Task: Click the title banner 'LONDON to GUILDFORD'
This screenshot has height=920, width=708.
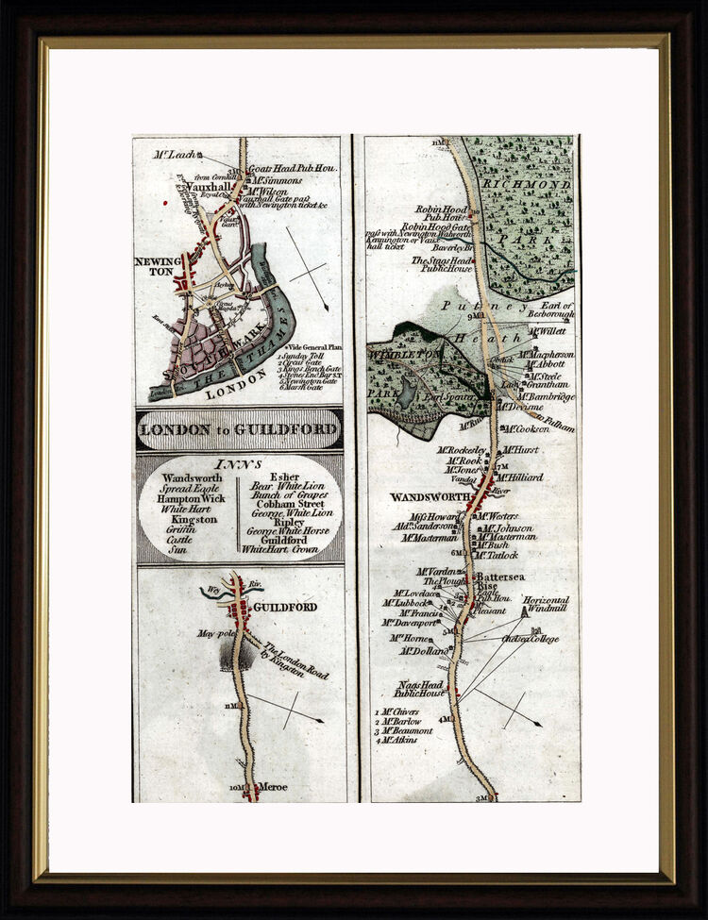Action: (238, 430)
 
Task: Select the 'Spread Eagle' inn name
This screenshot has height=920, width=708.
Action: (184, 488)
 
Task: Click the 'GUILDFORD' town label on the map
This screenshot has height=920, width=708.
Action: (285, 607)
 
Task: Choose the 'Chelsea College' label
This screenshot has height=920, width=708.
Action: (530, 639)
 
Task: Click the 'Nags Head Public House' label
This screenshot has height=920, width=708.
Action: (421, 688)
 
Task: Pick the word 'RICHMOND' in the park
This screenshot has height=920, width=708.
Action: (527, 185)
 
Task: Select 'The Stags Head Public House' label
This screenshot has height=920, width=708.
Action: (441, 265)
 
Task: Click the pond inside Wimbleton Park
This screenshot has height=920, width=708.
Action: (407, 392)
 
